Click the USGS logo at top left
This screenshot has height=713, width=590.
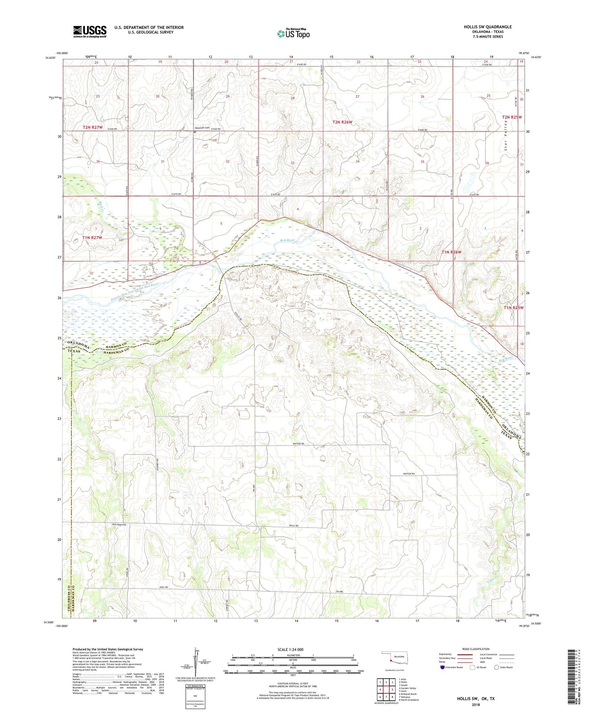tap(90, 31)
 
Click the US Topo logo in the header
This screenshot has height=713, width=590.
tap(294, 33)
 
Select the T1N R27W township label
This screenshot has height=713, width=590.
tap(92, 237)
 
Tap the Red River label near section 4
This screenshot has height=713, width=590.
tap(288, 241)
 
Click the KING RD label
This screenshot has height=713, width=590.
tap(164, 587)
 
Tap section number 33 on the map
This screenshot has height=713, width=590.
tap(292, 163)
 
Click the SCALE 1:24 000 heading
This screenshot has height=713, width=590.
tap(290, 650)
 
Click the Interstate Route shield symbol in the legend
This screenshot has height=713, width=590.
tap(443, 667)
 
